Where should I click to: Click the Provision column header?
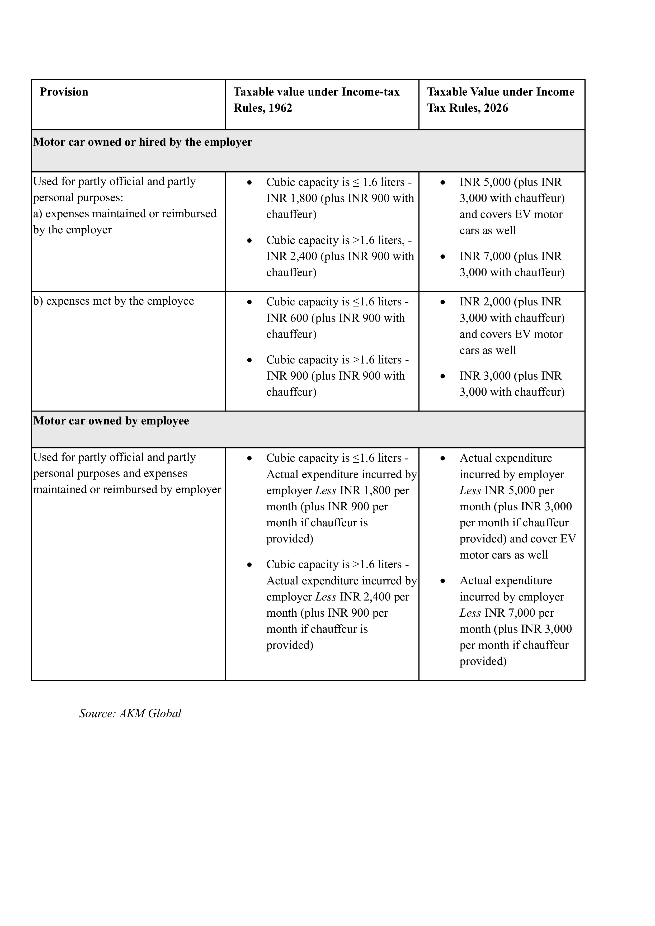[x=64, y=92]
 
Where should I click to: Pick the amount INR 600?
[x=287, y=318]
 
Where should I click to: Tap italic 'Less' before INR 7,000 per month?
[x=470, y=613]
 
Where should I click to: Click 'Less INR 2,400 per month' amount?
[x=375, y=597]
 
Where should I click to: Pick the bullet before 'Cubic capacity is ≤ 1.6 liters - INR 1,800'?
[x=250, y=183]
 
